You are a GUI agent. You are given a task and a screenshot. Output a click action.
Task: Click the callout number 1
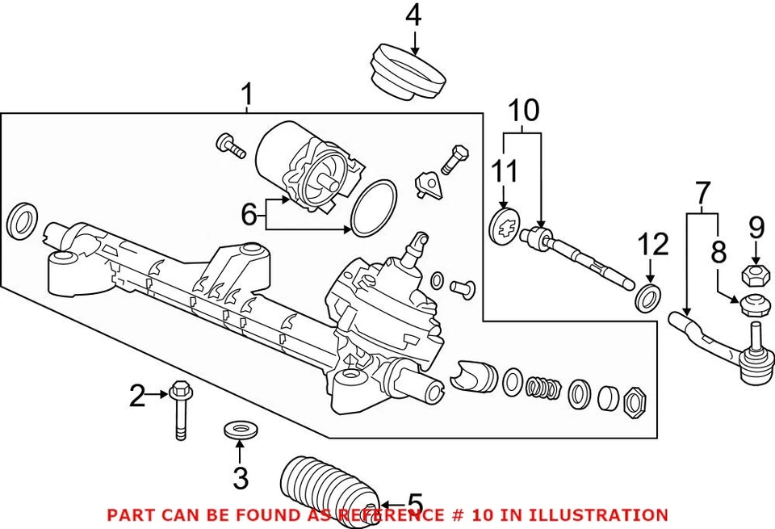click(x=248, y=96)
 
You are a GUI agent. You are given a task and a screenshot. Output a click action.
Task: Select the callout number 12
click(x=654, y=245)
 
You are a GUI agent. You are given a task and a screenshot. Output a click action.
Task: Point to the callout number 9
click(x=756, y=226)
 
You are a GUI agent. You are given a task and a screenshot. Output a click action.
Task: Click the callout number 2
click(x=138, y=395)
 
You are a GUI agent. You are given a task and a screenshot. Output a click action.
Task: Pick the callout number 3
click(x=240, y=478)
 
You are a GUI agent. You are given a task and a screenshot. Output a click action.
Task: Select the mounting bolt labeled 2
click(x=179, y=412)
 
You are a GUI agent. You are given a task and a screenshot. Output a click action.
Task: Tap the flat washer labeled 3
click(x=239, y=428)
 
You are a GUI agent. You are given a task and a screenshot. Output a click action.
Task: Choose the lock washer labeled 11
click(x=505, y=225)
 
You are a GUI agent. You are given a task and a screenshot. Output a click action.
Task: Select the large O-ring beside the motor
click(x=374, y=208)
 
